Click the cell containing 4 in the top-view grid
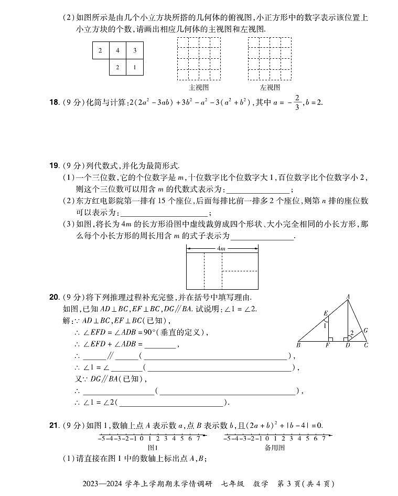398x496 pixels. pyautogui.click(x=118, y=51)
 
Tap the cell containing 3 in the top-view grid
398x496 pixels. pyautogui.click(x=135, y=51)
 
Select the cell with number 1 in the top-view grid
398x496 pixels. pyautogui.click(x=135, y=67)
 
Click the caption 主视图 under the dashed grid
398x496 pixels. pyautogui.click(x=199, y=88)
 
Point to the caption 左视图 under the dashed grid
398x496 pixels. pyautogui.click(x=270, y=88)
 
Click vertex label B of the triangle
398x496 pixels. pyautogui.click(x=298, y=345)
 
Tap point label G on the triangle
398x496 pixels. pyautogui.click(x=365, y=330)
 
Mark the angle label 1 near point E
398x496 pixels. pyautogui.click(x=325, y=325)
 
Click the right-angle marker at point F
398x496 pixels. pyautogui.click(x=329, y=339)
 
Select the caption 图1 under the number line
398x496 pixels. pyautogui.click(x=153, y=448)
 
